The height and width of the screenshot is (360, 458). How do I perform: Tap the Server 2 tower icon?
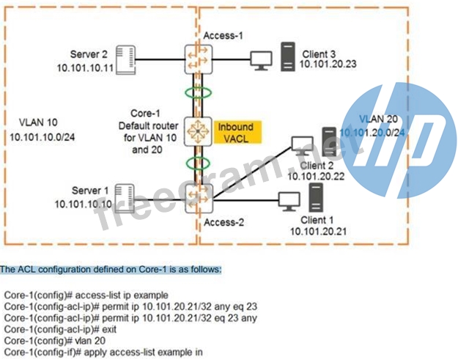pyautogui.click(x=127, y=58)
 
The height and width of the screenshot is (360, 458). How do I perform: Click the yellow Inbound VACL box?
pyautogui.click(x=236, y=132)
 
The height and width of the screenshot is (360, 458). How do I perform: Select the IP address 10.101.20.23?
pyautogui.click(x=327, y=65)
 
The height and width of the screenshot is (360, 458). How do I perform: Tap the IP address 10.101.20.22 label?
pyautogui.click(x=316, y=176)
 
